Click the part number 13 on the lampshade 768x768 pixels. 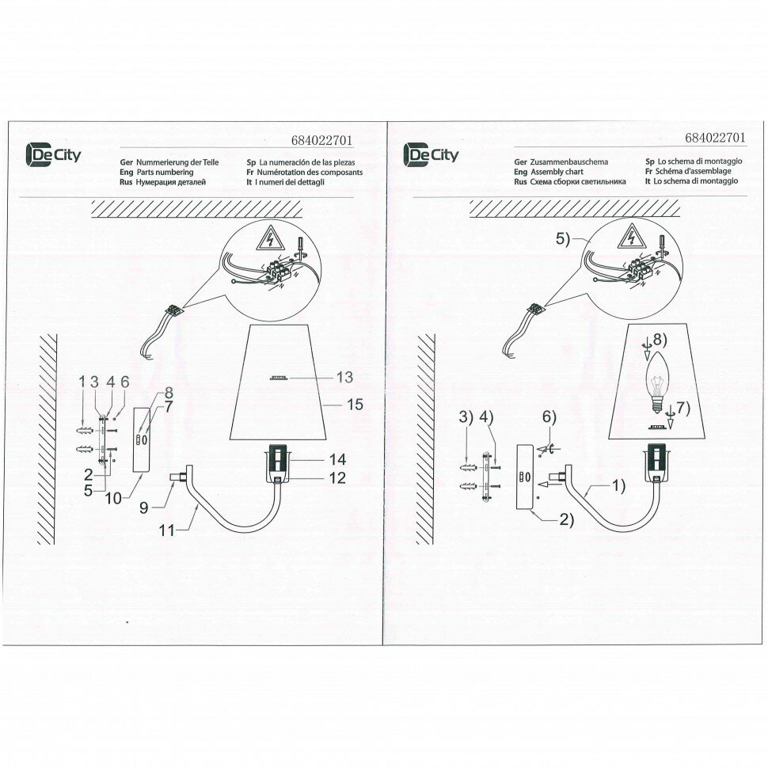click(344, 377)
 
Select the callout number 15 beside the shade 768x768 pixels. click(355, 405)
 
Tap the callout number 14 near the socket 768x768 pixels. click(337, 459)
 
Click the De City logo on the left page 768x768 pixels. click(54, 154)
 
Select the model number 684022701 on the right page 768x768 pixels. click(715, 136)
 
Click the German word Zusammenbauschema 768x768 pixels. click(568, 161)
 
